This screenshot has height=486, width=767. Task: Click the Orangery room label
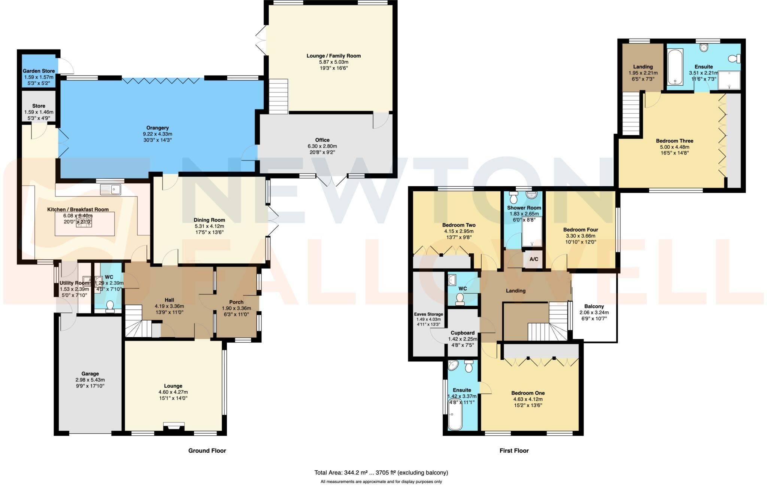click(157, 128)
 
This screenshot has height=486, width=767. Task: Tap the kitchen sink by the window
click(110, 189)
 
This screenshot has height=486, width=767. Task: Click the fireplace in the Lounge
click(174, 427)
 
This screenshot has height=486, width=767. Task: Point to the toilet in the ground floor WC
click(110, 306)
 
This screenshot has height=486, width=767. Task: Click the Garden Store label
click(39, 71)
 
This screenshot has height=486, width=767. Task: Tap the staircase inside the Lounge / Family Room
click(278, 96)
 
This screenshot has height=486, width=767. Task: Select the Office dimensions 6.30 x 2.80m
click(322, 146)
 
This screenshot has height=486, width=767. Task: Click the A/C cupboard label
click(533, 259)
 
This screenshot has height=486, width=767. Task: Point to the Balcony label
click(594, 306)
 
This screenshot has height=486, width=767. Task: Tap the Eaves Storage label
click(428, 314)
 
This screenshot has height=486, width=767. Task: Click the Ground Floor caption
click(207, 450)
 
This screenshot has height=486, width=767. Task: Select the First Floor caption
click(514, 450)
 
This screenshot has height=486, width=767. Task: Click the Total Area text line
click(381, 473)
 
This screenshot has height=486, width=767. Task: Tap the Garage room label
click(90, 373)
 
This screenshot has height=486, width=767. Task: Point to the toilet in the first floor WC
click(460, 299)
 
